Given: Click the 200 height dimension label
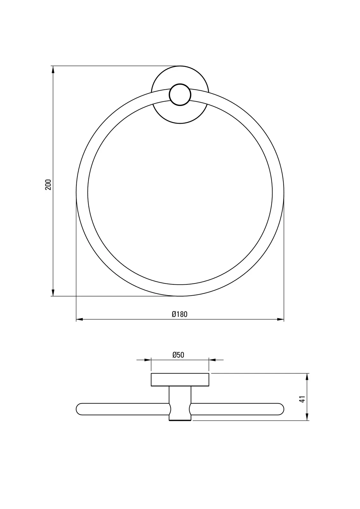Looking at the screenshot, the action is pos(48,185).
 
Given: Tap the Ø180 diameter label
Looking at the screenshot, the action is pos(180,314).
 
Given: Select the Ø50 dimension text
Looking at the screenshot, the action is pos(178,355).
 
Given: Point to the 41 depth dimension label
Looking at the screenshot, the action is pos(302,399).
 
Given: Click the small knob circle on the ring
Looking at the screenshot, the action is pos(180,94).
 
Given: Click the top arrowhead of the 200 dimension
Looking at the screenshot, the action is pos(53,70).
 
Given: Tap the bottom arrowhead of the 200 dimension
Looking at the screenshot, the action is pos(53,293).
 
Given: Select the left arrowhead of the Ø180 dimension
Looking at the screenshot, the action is pos(79,319).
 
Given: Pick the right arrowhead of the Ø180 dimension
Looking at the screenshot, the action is pos(280,319).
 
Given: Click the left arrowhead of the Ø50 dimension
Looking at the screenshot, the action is pos(148,360).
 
